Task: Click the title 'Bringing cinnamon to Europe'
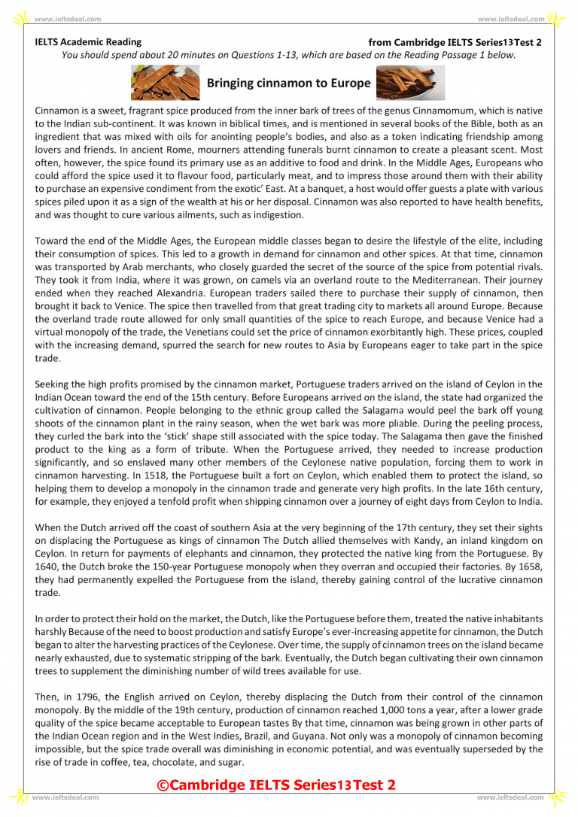coord(288,83)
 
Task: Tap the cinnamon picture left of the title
coord(165,83)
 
